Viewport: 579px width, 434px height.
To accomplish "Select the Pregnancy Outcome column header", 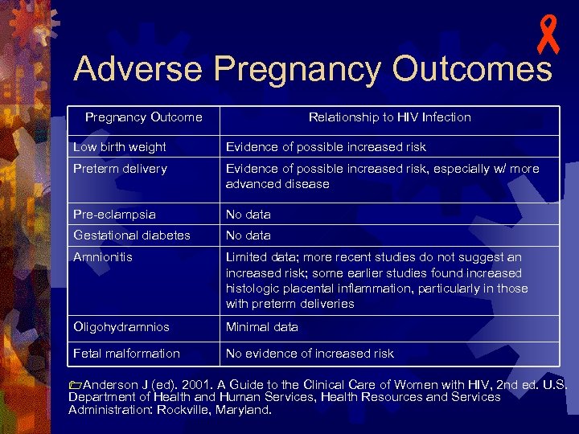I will pos(144,117).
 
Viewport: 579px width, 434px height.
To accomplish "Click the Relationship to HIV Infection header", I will pos(390,117).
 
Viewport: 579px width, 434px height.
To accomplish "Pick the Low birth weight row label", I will pos(120,147).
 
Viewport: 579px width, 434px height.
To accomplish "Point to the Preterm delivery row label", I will pos(120,169).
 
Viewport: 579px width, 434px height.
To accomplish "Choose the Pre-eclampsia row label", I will pos(114,215).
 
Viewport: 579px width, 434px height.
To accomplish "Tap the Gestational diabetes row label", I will pos(132,235).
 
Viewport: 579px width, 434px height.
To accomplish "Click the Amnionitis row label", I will pos(103,257).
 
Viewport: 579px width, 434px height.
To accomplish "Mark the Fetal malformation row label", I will pos(126,354).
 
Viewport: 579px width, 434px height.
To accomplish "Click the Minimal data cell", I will pos(262,327).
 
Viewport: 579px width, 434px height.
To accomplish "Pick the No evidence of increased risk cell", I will pos(310,354).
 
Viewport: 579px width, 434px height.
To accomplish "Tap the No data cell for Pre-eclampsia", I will pos(248,215).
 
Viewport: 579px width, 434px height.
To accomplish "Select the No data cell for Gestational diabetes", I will pos(248,235).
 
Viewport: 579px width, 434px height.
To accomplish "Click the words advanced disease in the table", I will pos(277,184).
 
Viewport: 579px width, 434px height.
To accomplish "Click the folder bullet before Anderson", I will pos(75,385).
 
